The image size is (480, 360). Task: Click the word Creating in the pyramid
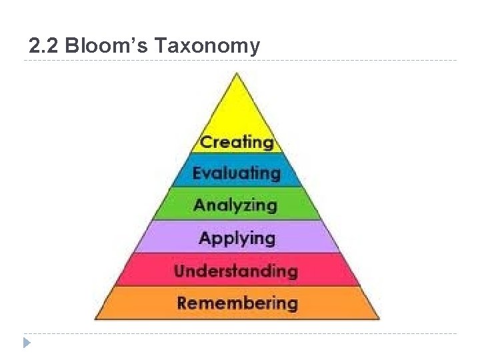point(237,142)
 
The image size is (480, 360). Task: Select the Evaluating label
point(237,173)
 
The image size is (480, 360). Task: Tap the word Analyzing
point(235,205)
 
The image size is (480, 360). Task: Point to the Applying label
point(237,238)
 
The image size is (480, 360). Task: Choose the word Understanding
point(235,271)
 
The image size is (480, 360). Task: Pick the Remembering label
point(237,303)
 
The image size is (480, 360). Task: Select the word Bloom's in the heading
point(109,46)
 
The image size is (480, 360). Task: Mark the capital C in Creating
point(207,142)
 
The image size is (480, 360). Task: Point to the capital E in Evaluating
point(197,173)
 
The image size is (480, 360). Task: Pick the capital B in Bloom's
point(75,46)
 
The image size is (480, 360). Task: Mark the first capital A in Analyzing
point(199,205)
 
